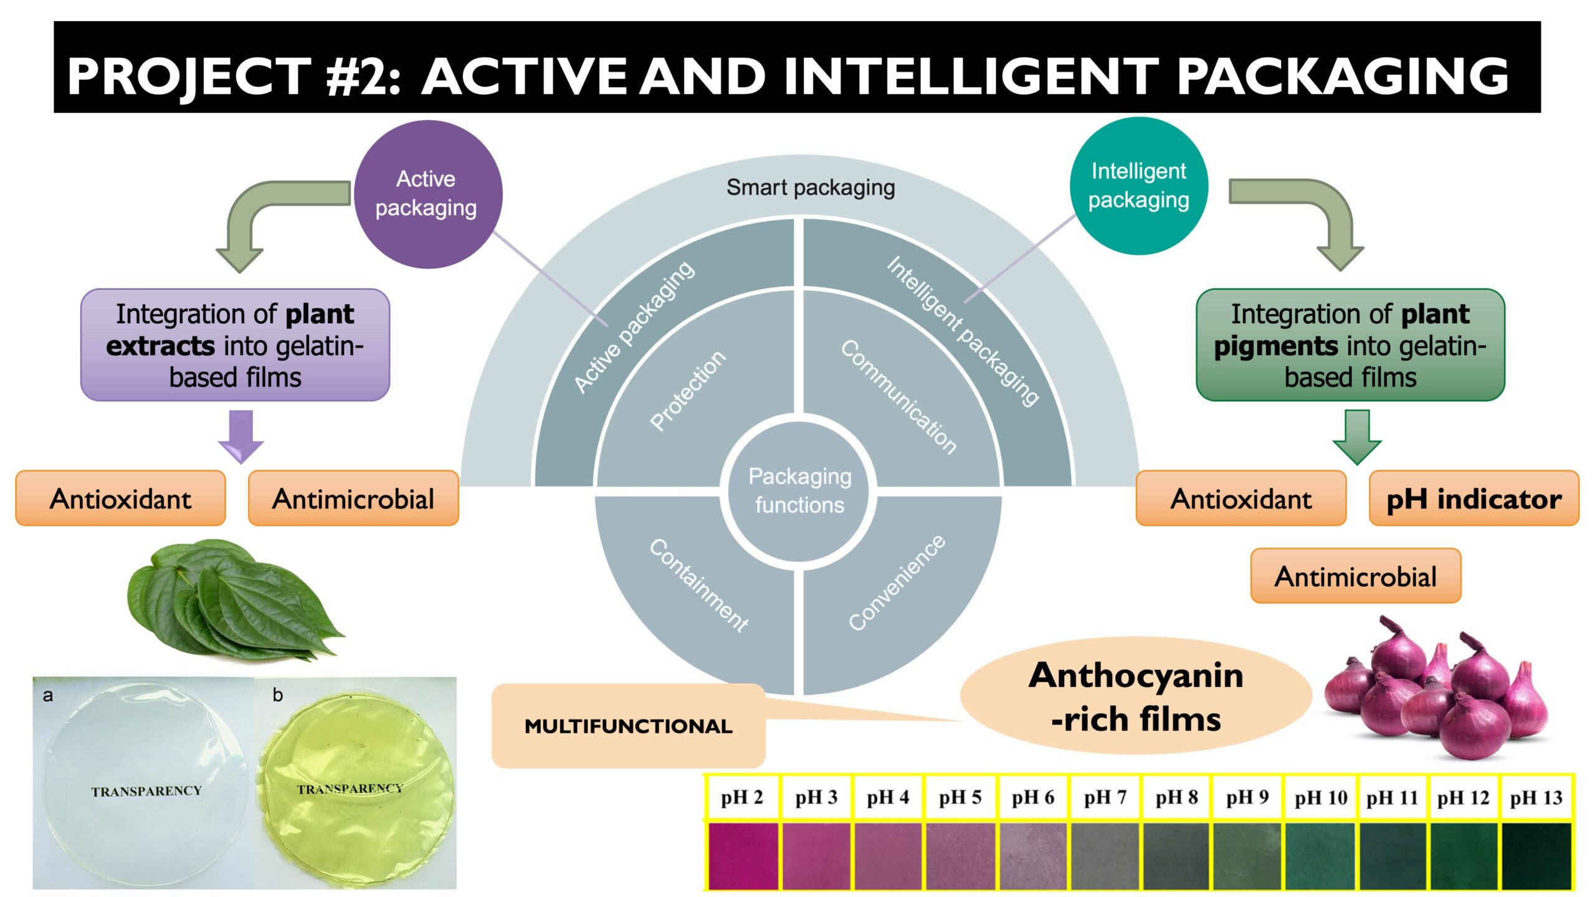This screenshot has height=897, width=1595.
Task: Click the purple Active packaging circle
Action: point(428,194)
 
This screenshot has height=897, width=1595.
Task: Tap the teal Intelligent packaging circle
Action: point(1138,186)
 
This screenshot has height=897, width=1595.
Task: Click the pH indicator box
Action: point(1474,498)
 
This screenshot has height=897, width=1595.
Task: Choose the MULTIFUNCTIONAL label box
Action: point(628,726)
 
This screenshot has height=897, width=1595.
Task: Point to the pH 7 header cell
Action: point(1105,797)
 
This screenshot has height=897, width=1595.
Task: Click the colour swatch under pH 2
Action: point(743,855)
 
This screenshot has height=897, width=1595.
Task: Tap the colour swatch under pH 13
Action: point(1536,855)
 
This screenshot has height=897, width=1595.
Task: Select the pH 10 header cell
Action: point(1321,797)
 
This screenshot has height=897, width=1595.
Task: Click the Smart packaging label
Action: point(811,187)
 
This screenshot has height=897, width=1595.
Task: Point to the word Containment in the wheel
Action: point(698,586)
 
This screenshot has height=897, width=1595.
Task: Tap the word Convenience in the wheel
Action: point(897,582)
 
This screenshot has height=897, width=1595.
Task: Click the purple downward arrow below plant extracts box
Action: point(241,436)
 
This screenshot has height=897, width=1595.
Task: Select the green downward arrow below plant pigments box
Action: point(1357,437)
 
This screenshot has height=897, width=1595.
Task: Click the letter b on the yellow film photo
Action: point(278,695)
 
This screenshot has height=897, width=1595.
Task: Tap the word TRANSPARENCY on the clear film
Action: point(146,791)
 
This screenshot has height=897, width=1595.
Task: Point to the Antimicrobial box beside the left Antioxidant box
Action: point(353,498)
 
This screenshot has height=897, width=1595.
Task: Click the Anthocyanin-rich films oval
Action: point(1136,696)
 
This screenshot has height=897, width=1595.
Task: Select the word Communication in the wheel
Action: point(898,397)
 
